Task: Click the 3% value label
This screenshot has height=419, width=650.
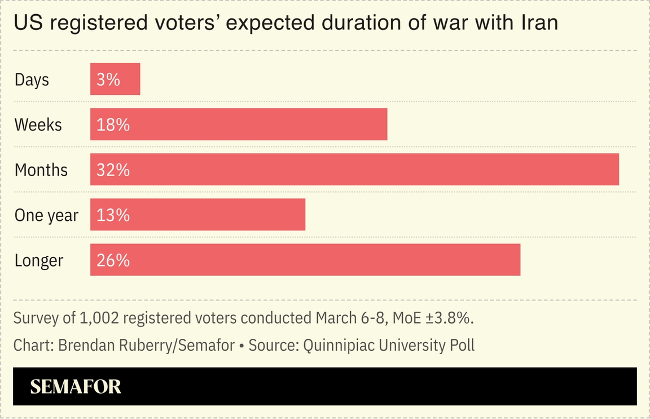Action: [108, 80]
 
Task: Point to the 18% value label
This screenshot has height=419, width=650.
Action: [113, 125]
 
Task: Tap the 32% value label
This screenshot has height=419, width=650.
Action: [113, 170]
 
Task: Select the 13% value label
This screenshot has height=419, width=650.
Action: [113, 215]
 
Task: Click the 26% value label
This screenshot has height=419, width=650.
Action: [113, 260]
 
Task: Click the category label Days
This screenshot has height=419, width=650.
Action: [32, 80]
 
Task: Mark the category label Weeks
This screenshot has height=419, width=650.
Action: [38, 125]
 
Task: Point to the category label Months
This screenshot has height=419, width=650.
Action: [41, 170]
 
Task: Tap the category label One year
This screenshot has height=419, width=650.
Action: [46, 215]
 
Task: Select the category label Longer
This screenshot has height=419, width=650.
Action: [38, 261]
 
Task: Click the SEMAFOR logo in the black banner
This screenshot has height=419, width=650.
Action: [76, 386]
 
